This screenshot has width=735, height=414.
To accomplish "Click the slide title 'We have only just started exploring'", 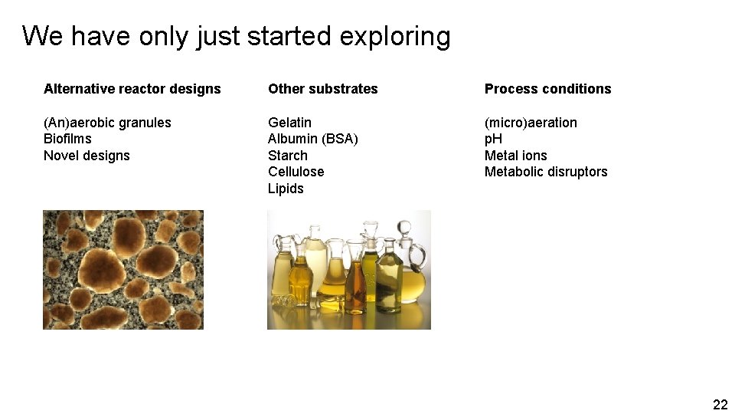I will click(x=236, y=36).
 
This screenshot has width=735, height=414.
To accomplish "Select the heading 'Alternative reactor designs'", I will click(x=132, y=89).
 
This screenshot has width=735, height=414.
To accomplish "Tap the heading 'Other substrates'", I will click(x=322, y=89).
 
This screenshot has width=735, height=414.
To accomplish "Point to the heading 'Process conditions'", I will click(x=547, y=89).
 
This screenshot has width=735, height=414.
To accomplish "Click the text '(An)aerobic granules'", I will click(x=107, y=123).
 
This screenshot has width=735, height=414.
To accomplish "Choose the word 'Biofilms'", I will click(x=67, y=139).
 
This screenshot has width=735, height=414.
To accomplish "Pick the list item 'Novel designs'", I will click(x=87, y=156).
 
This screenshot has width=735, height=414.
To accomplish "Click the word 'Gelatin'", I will click(x=289, y=123).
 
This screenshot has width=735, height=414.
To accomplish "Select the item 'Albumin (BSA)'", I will click(x=312, y=139).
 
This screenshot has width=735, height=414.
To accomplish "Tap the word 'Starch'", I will click(x=287, y=156).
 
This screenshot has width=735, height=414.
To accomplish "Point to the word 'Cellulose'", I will click(x=296, y=172).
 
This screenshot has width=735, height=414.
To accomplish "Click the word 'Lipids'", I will click(x=286, y=189).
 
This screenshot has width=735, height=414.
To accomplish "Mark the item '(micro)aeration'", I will click(x=531, y=123).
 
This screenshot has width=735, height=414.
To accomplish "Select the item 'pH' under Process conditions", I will click(x=493, y=139).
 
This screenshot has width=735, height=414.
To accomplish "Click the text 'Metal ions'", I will click(x=515, y=156).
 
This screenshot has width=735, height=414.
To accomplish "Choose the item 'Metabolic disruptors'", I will click(x=545, y=172).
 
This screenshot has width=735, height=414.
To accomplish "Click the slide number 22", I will click(x=720, y=405).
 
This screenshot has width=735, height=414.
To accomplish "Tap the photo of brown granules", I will click(x=123, y=270).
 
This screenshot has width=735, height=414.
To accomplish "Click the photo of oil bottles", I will click(x=348, y=270).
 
